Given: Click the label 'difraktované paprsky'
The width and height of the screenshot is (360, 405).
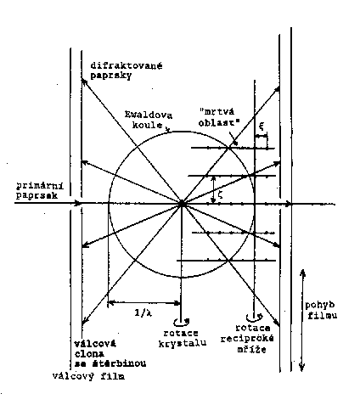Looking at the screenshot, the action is (x=127, y=70).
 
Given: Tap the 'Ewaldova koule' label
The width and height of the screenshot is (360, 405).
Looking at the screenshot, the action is (x=149, y=120).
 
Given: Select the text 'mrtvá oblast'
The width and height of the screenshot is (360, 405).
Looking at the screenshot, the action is (x=219, y=117).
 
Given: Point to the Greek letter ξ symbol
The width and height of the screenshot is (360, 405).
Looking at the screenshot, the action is (x=262, y=127).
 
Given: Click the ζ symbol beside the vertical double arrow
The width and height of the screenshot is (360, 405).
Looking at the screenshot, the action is (x=221, y=194).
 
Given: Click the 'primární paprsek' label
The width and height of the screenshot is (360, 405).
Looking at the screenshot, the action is (x=40, y=190).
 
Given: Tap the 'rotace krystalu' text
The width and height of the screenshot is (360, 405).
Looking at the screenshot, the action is (x=182, y=338).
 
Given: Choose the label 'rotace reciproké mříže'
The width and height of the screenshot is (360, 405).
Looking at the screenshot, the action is (x=247, y=339).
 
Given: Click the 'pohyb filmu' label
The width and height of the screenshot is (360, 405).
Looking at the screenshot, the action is (x=321, y=310).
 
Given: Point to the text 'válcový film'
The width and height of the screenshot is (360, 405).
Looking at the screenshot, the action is (x=88, y=376).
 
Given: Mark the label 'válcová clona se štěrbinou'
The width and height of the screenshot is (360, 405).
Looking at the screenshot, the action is (x=110, y=354).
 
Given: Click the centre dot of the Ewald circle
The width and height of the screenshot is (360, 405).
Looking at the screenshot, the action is (x=182, y=204).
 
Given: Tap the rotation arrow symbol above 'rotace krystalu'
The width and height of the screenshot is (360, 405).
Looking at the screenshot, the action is (x=182, y=322).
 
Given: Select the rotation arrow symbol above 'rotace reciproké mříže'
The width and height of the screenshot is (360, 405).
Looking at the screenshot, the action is (x=254, y=317).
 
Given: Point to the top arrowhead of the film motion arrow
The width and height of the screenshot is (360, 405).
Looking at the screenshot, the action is (x=302, y=272).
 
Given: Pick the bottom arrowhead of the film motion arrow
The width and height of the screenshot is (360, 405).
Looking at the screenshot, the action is (x=302, y=368).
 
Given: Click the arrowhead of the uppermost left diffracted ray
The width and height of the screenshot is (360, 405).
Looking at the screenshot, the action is (x=84, y=82).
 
